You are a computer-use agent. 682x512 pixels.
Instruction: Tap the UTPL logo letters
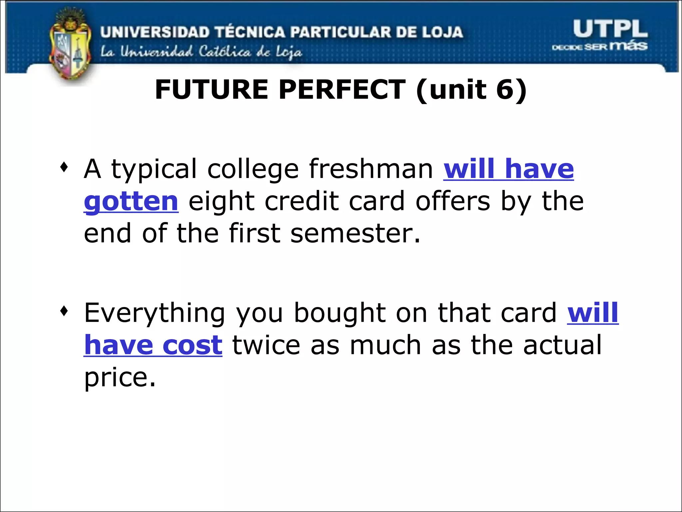[x=610, y=29]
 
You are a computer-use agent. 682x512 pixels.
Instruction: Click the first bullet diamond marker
[x=64, y=167]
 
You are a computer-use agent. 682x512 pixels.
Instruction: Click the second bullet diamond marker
[x=64, y=311]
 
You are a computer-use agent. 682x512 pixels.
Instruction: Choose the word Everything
[x=155, y=313]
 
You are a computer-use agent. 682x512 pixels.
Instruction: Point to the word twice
[x=266, y=345]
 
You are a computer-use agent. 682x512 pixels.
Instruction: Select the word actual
[x=562, y=345]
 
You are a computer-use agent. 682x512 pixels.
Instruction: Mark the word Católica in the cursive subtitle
[x=225, y=52]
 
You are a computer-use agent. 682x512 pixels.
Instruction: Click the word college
[x=253, y=169]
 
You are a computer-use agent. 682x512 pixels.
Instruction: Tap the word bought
[x=340, y=313]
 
